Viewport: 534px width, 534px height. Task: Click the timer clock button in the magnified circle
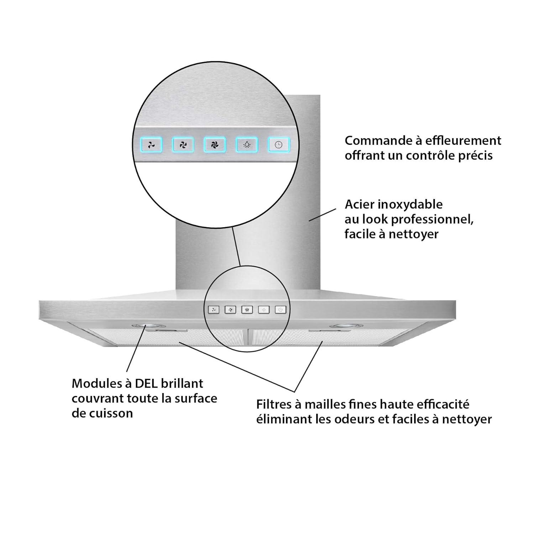pos(279,145)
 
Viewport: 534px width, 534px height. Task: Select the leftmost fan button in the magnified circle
pos(152,145)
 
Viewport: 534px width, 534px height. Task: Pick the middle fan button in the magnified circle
pos(183,145)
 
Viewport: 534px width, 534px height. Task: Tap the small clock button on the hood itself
pos(281,310)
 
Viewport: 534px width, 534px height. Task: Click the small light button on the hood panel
pos(264,310)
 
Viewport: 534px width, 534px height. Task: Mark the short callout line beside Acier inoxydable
pos(322,215)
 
